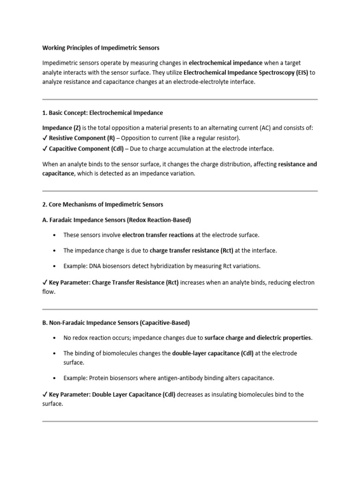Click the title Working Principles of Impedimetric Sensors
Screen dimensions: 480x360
coord(101,48)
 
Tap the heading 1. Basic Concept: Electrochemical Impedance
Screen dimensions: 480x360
coord(103,113)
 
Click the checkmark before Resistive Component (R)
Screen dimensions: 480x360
coord(45,138)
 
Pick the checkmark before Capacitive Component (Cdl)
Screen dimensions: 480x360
coord(45,149)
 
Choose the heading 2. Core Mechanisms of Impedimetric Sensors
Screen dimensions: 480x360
coord(103,205)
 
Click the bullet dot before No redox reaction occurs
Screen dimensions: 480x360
coord(55,338)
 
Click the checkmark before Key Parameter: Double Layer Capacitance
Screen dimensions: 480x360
coord(45,395)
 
